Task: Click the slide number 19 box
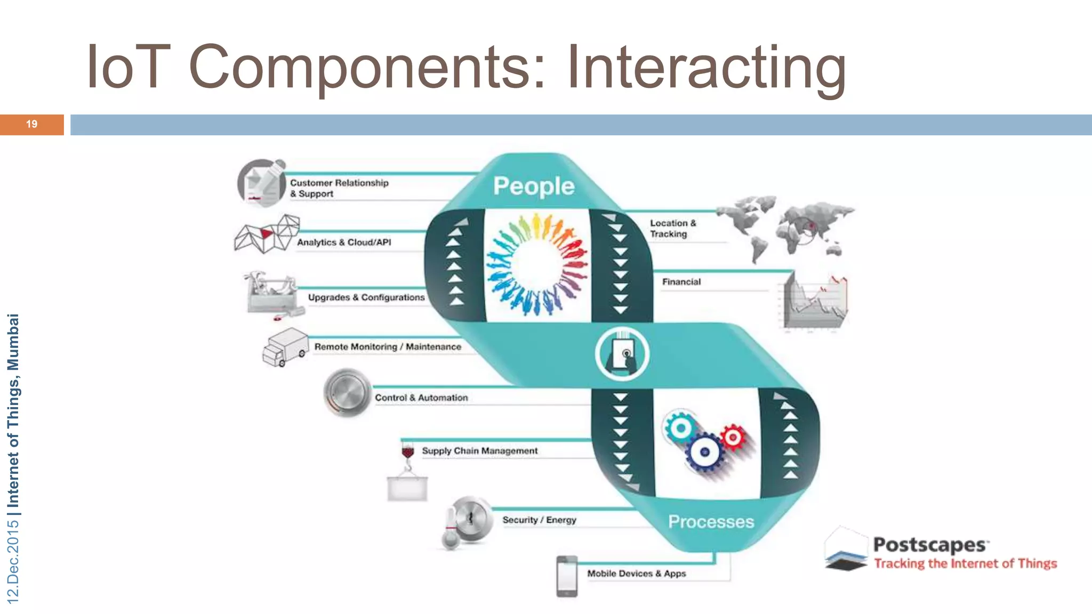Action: pyautogui.click(x=31, y=124)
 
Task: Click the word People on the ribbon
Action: pyautogui.click(x=534, y=186)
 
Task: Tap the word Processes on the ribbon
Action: pyautogui.click(x=711, y=521)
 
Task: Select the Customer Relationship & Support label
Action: pyautogui.click(x=339, y=188)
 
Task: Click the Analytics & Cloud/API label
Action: pyautogui.click(x=344, y=242)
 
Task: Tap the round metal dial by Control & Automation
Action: pyautogui.click(x=347, y=393)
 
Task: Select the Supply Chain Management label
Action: pyautogui.click(x=479, y=451)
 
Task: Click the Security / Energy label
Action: pyautogui.click(x=539, y=520)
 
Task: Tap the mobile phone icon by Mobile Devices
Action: pyautogui.click(x=567, y=576)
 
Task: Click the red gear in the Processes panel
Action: pyautogui.click(x=734, y=437)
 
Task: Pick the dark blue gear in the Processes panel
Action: pyautogui.click(x=704, y=453)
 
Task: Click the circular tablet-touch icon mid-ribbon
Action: pyautogui.click(x=622, y=354)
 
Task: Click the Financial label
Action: pyautogui.click(x=681, y=282)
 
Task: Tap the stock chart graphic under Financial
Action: pyautogui.click(x=814, y=301)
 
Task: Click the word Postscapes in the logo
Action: pyautogui.click(x=929, y=545)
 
